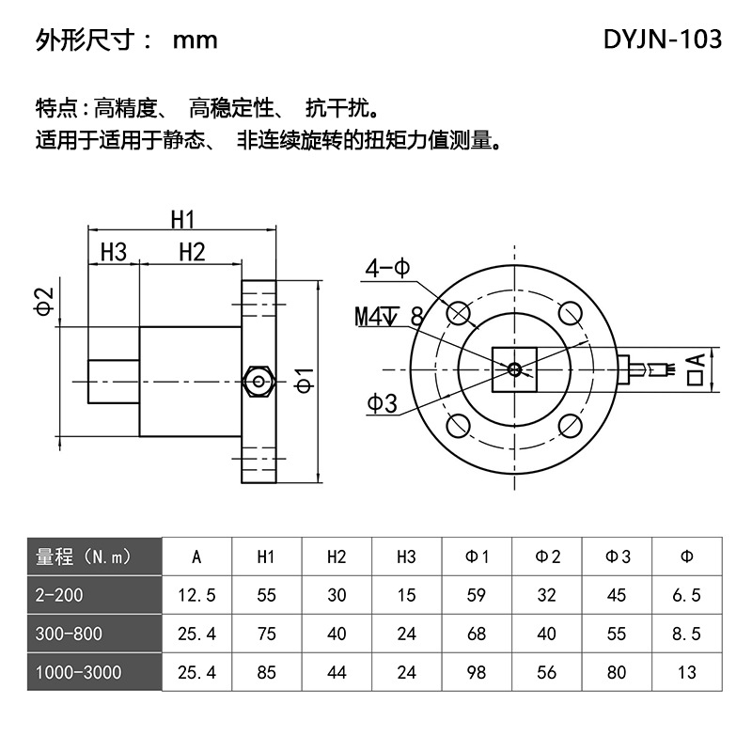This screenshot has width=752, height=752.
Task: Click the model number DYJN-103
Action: coord(663,39)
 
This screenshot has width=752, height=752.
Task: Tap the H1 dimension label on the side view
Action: coord(182,220)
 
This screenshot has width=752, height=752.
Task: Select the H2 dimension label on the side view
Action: coord(192,252)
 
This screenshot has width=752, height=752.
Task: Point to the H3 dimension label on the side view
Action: coord(114,252)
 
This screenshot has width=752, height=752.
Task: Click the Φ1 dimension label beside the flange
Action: coord(305,381)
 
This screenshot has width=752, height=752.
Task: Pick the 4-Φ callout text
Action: coord(387,268)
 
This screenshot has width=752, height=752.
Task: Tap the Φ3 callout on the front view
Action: coord(383,403)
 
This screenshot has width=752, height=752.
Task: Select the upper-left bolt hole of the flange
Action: coord(459,314)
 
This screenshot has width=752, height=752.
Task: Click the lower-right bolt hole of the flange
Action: coord(571,426)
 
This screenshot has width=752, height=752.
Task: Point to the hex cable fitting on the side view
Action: coord(258,382)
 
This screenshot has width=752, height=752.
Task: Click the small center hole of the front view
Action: coord(514,369)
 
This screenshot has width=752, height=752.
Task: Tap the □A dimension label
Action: coord(696,369)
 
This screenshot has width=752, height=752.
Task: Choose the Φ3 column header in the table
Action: coord(618,556)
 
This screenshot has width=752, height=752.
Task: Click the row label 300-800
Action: coord(69,634)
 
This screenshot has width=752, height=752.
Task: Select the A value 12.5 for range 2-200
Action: coord(196,595)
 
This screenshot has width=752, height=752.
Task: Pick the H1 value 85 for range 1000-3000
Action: coord(267,672)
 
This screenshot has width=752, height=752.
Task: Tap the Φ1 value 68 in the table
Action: coord(477,634)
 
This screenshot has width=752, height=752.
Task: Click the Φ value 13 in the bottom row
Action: coord(687,672)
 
